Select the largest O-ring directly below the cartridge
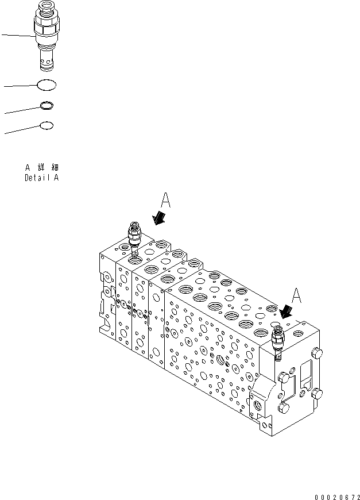[47, 85]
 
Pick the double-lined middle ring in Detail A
[47, 105]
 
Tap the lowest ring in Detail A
[47, 125]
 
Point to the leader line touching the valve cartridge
[17, 36]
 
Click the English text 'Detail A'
[41, 178]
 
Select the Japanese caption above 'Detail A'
[42, 167]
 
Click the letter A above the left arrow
[165, 201]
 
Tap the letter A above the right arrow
[296, 295]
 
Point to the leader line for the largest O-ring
[21, 86]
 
